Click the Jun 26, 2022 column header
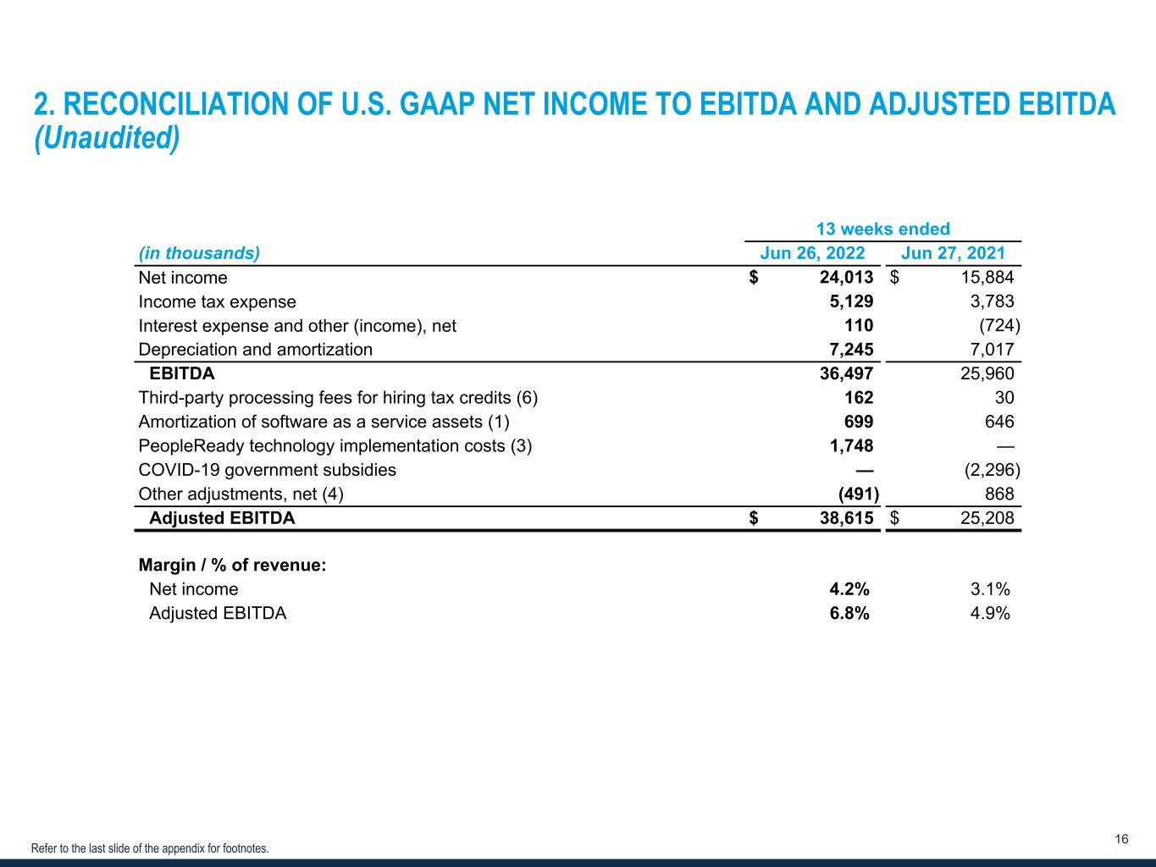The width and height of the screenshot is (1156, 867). pyautogui.click(x=812, y=253)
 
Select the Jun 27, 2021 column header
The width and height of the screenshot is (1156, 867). pyautogui.click(x=953, y=253)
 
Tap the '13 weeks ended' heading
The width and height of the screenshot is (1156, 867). pyautogui.click(x=882, y=229)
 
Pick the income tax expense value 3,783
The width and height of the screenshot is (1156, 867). pyautogui.click(x=992, y=301)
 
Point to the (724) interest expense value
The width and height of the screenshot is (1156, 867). pyautogui.click(x=999, y=326)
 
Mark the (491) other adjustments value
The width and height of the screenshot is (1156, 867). pyautogui.click(x=858, y=494)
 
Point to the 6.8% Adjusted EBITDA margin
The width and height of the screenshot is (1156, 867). pyautogui.click(x=849, y=614)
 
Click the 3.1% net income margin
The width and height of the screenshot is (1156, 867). pyautogui.click(x=990, y=589)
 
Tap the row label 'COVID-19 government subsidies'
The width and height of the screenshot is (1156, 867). pyautogui.click(x=267, y=470)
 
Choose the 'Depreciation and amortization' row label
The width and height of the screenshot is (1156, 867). pyautogui.click(x=255, y=350)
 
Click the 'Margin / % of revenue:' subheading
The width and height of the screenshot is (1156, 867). pyautogui.click(x=231, y=566)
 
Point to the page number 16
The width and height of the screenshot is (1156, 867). pyautogui.click(x=1121, y=839)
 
